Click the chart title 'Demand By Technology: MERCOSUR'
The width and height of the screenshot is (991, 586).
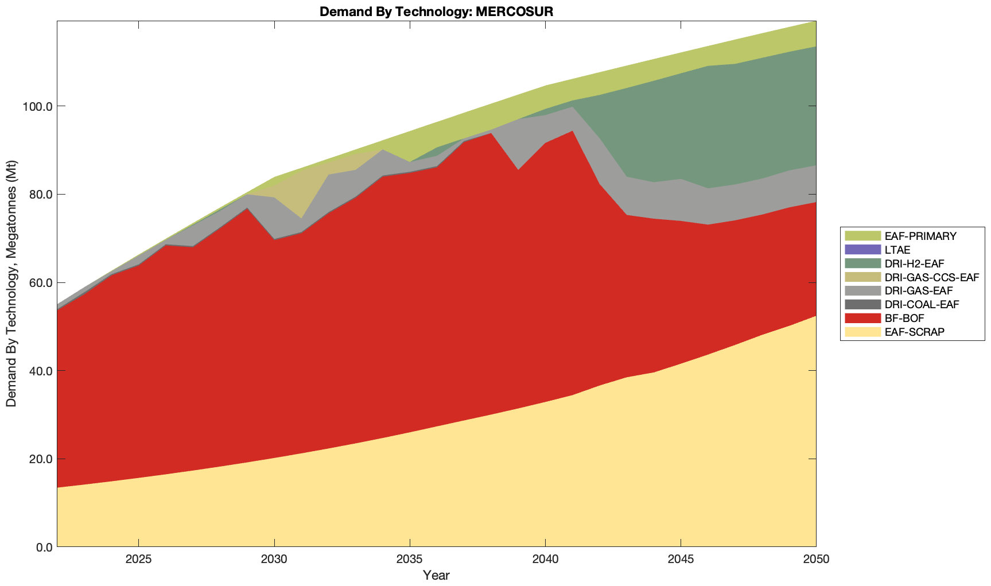436,11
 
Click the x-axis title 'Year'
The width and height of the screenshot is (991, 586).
436,575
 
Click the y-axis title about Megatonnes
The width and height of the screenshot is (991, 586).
11,284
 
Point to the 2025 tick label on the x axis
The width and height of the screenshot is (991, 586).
138,560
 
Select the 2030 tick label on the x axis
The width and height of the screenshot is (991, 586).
274,560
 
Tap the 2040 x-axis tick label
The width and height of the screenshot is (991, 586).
545,560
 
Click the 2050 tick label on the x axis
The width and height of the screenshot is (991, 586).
816,560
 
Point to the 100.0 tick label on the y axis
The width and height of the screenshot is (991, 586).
36,107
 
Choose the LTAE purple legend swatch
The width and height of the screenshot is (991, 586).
862,250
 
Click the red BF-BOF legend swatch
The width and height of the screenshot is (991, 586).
862,318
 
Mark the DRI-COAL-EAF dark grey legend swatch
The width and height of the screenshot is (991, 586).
862,304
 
